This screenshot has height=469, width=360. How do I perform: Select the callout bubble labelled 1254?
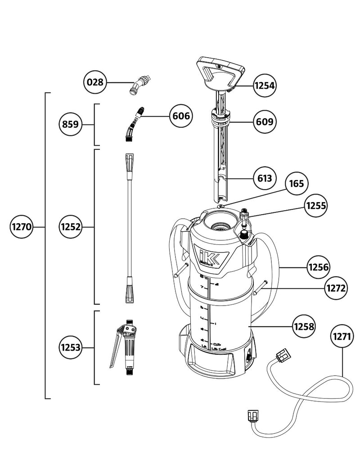[x=265, y=85]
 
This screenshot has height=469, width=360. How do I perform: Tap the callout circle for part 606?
[x=180, y=116]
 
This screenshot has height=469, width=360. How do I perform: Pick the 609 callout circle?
[x=265, y=122]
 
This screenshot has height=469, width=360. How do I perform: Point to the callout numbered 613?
[x=265, y=178]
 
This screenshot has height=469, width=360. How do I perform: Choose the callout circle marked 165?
[x=297, y=184]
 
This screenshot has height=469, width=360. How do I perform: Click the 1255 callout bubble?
[x=316, y=206]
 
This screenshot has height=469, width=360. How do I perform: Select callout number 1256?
[x=319, y=267]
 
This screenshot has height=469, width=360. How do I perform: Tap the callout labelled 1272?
[x=336, y=288]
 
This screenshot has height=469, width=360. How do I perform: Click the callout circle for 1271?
[x=342, y=336]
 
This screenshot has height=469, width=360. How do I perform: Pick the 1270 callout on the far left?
[x=21, y=227]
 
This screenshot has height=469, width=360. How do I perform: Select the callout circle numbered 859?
[x=71, y=124]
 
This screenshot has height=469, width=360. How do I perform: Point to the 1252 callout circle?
[x=71, y=227]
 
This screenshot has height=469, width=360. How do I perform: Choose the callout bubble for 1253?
[x=71, y=347]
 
